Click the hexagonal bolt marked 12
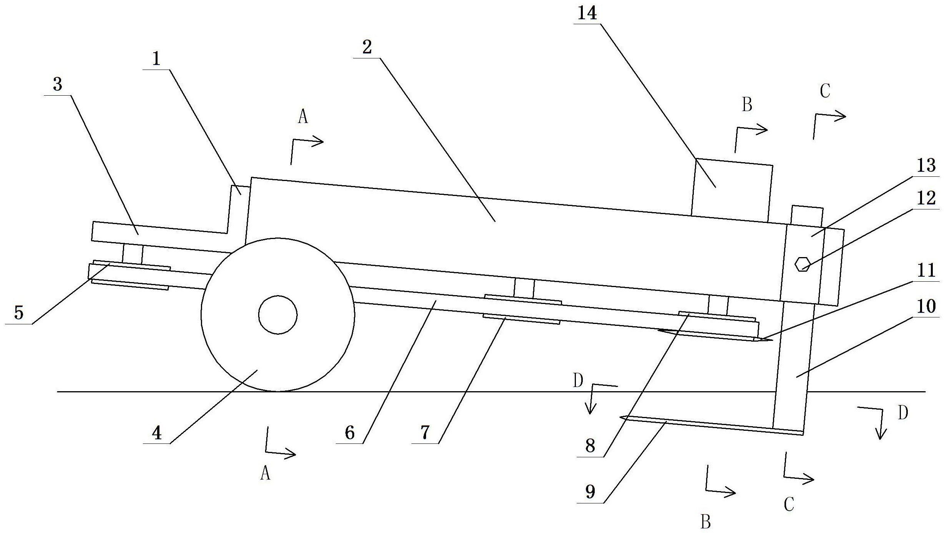point(803,264)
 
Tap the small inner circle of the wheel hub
point(278,315)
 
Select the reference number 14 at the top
point(587,13)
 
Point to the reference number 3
point(58,84)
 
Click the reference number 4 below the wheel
point(156,433)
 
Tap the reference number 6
point(349,433)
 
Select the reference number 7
point(425,433)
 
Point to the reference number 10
point(926,307)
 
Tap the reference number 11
point(926,271)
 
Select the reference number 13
point(926,166)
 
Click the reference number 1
point(156,60)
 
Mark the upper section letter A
point(303,116)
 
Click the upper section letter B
point(747,105)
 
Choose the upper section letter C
point(825,91)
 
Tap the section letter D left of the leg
point(578,381)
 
